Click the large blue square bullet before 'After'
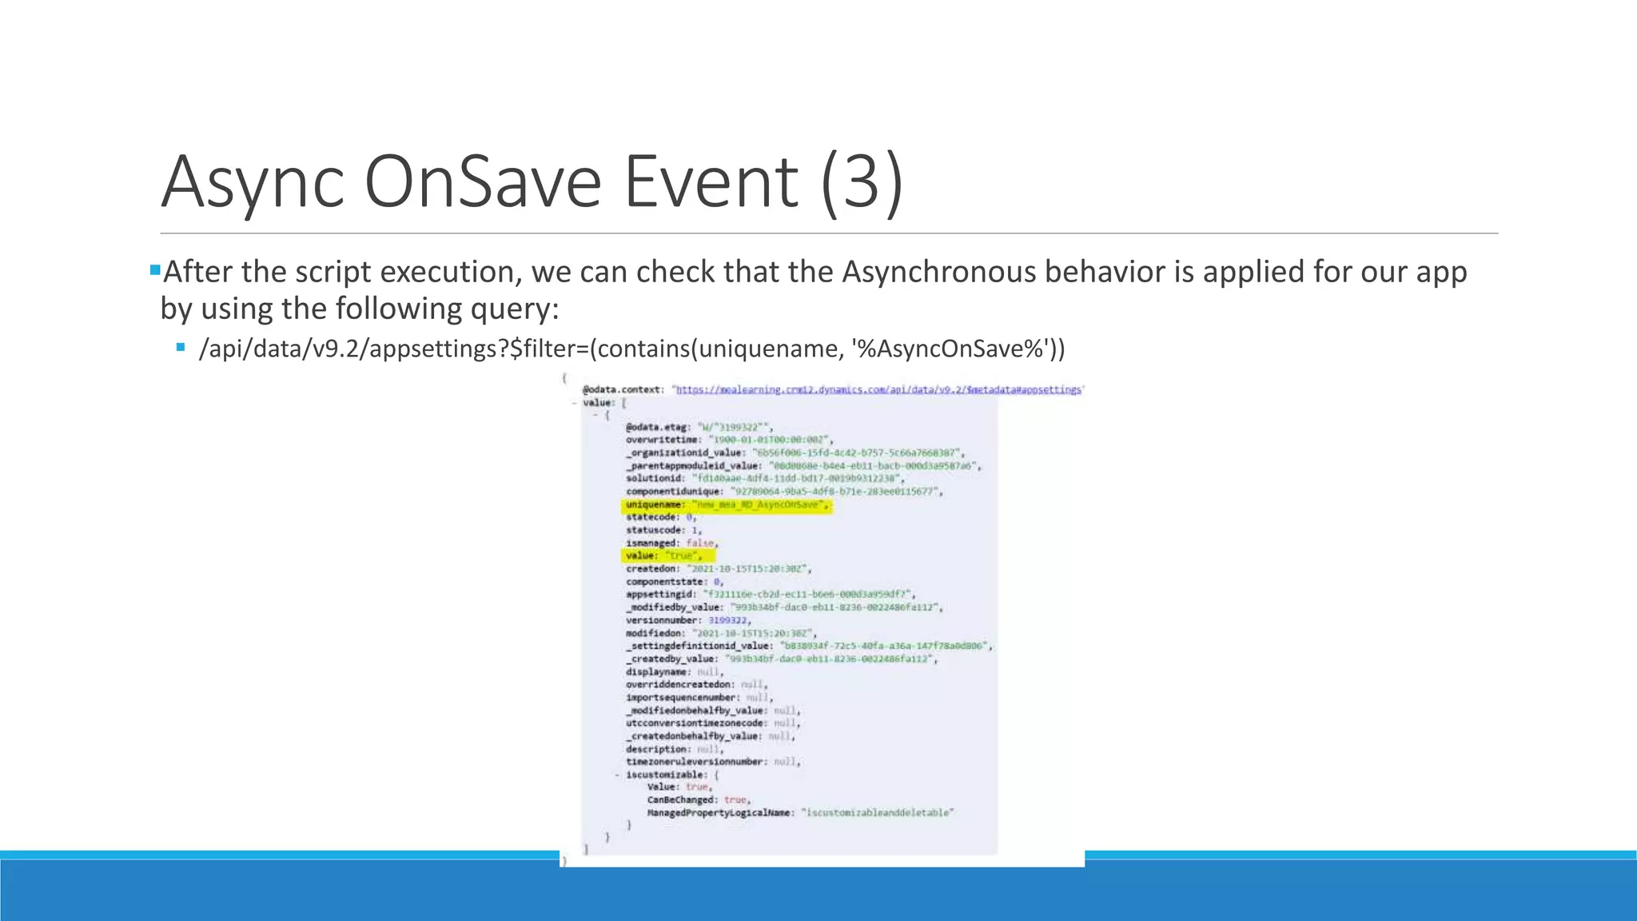[155, 269]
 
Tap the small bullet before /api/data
[181, 347]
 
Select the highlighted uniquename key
[654, 504]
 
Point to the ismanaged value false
[701, 543]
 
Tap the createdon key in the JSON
[651, 568]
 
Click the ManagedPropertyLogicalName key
[719, 812]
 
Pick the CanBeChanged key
[680, 799]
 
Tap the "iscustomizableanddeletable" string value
[877, 812]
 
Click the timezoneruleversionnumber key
[695, 762]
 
